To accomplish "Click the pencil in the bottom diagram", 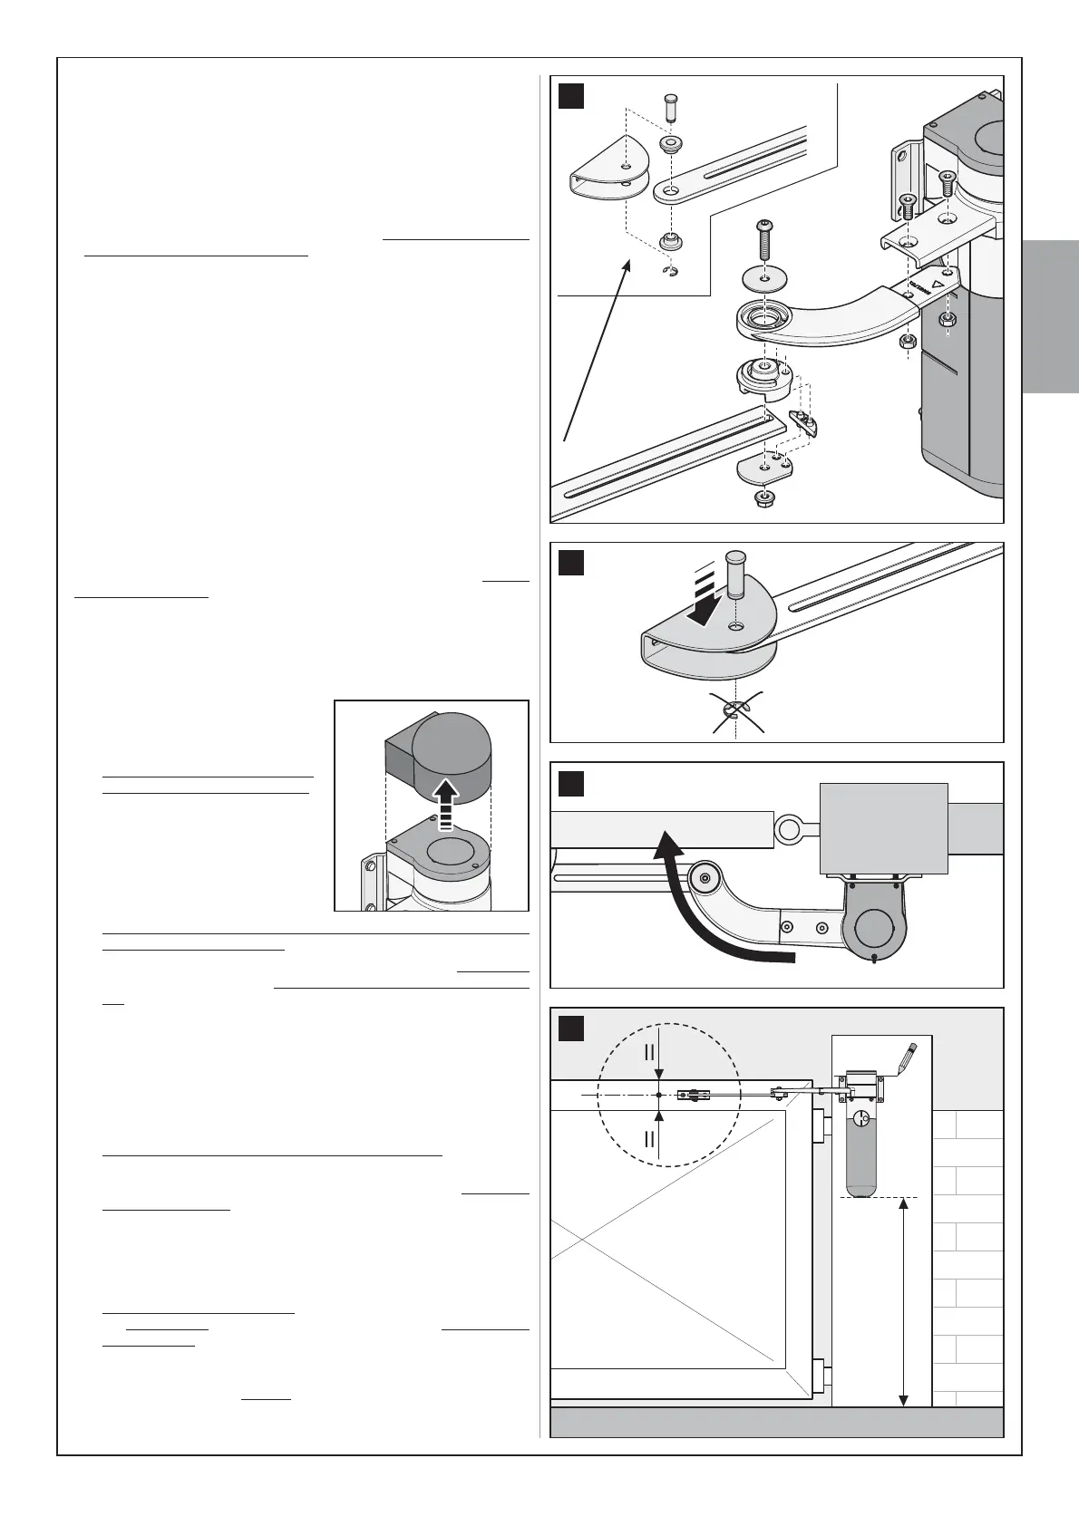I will [908, 1058].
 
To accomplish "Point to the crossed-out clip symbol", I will [736, 711].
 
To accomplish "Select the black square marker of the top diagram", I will [571, 95].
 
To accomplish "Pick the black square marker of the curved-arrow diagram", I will [571, 783].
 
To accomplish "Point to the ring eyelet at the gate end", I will [787, 826].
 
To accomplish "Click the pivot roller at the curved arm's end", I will [705, 878].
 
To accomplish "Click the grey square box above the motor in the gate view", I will [883, 827].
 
